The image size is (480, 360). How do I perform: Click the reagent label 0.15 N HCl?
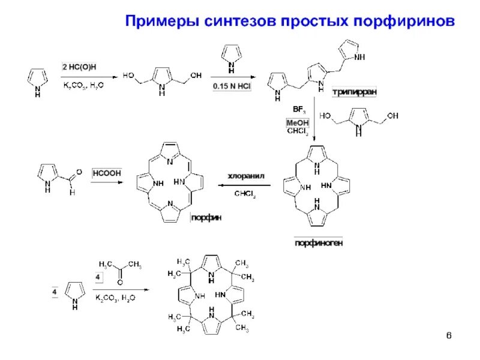[232, 86]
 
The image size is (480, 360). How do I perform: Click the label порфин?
[206, 218]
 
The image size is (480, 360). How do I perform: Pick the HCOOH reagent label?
[106, 173]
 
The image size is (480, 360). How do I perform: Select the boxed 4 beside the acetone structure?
[100, 277]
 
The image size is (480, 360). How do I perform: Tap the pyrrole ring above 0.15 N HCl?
[232, 56]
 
